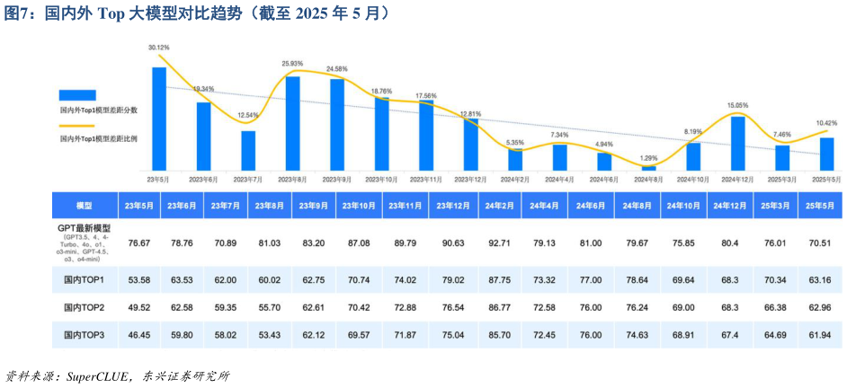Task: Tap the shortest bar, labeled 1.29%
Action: [x=648, y=168]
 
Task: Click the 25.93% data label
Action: [x=292, y=64]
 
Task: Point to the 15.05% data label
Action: [x=737, y=105]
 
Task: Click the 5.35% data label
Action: [x=515, y=143]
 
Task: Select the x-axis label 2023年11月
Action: [x=426, y=180]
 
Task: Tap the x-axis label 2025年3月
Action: [x=781, y=180]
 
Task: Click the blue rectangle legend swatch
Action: [x=77, y=94]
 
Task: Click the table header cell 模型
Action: [x=85, y=206]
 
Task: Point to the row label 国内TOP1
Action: [x=85, y=280]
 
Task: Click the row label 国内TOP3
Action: [x=85, y=334]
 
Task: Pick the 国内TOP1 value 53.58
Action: [x=138, y=280]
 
